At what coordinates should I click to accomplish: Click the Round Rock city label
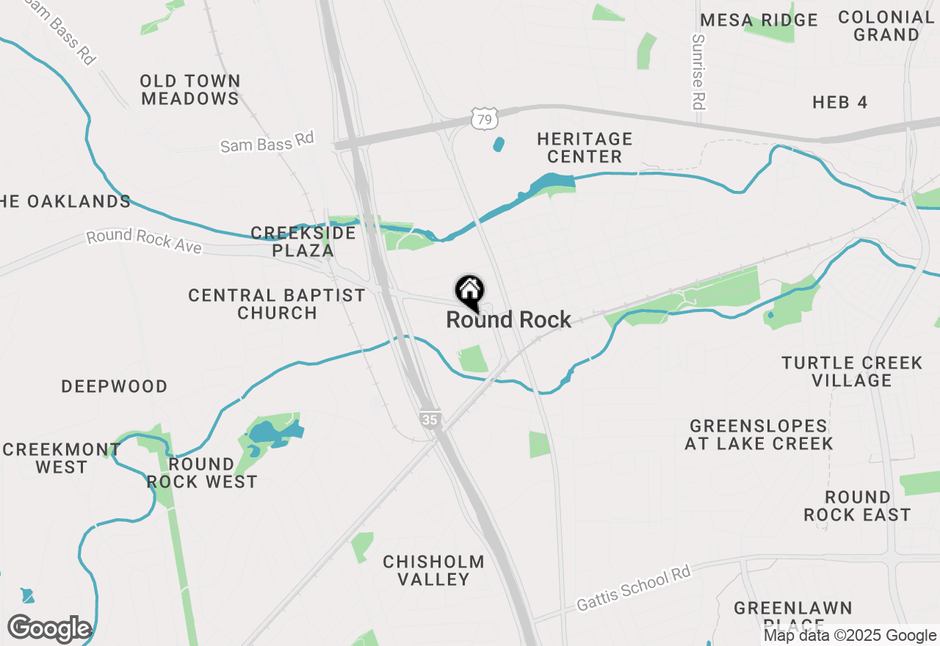(x=508, y=320)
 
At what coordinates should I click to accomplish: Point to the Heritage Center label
(x=585, y=148)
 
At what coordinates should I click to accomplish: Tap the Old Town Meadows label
(x=190, y=90)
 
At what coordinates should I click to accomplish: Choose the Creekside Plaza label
(x=303, y=242)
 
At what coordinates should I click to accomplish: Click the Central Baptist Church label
(x=277, y=304)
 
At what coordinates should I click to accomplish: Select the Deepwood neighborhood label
(x=115, y=386)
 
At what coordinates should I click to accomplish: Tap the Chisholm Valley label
(x=433, y=570)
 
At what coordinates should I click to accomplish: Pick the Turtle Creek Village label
(x=852, y=371)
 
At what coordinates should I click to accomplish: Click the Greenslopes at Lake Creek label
(x=759, y=435)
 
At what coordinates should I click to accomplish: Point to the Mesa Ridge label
(x=759, y=20)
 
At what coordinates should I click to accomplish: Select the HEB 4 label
(x=840, y=102)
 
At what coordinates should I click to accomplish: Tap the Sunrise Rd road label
(x=698, y=72)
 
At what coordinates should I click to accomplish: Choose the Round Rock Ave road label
(x=144, y=241)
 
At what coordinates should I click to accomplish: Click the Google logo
(x=49, y=629)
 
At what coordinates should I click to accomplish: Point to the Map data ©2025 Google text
(x=850, y=636)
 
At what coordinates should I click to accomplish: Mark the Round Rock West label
(x=202, y=473)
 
